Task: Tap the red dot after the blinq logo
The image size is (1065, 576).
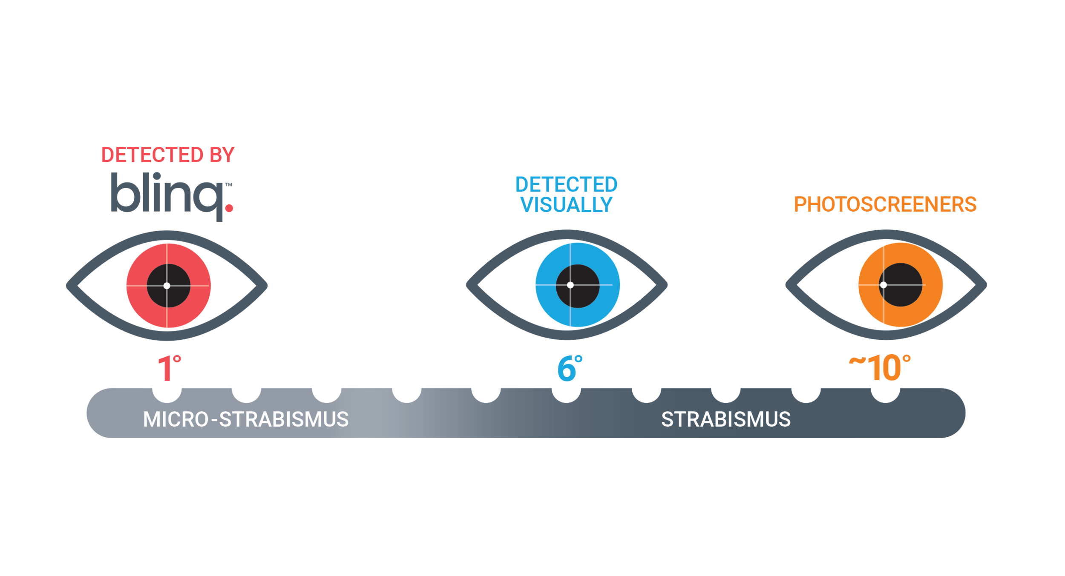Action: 229,208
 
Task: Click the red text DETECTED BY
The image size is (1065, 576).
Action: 167,155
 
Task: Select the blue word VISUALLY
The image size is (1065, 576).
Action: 566,205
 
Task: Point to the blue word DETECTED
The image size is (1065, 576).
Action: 566,185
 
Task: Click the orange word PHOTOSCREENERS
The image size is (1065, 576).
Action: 885,204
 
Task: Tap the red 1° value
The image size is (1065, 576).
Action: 169,368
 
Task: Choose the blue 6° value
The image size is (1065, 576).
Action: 569,368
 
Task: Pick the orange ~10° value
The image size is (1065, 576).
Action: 880,368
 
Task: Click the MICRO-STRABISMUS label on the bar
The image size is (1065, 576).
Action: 246,419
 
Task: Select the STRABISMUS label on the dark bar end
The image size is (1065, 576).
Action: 726,419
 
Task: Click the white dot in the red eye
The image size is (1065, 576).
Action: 167,286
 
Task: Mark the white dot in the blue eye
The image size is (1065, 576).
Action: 570,285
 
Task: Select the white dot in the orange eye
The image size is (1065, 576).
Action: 884,285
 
